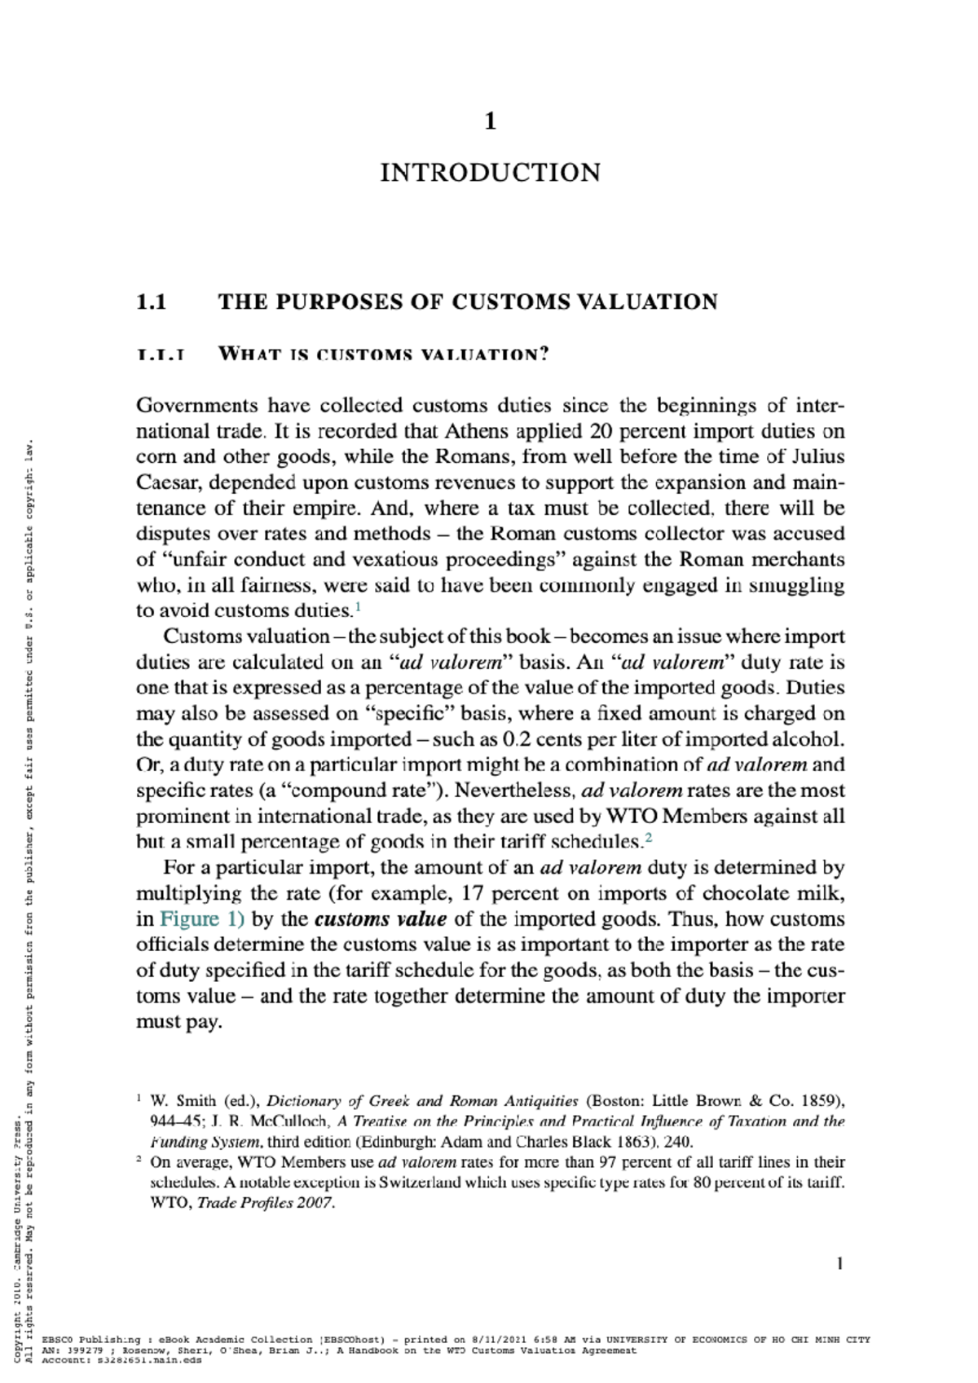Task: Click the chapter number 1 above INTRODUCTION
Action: [x=490, y=121]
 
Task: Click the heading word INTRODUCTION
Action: [x=490, y=173]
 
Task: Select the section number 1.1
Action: [x=152, y=302]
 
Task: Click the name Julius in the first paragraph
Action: [x=817, y=456]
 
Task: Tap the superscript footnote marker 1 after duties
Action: [x=357, y=606]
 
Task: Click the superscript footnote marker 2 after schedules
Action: [x=648, y=837]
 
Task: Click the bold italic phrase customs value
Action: [x=381, y=919]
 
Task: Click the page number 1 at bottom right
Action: [x=839, y=1264]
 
